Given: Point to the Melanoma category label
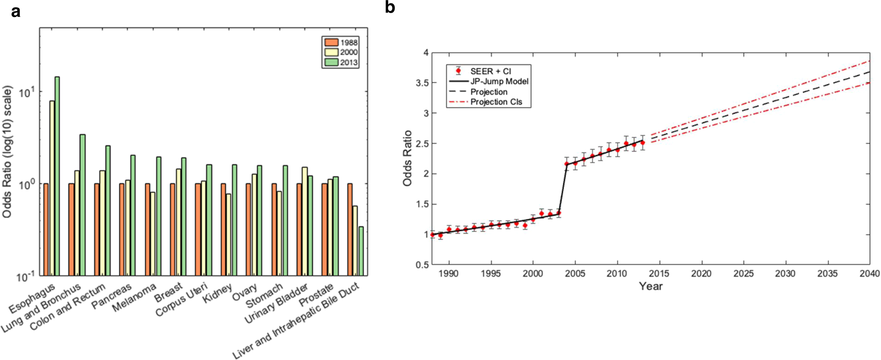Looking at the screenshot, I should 134,298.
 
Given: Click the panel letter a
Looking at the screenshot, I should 16,11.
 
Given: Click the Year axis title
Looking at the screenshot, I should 651,286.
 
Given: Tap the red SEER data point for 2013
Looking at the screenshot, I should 642,143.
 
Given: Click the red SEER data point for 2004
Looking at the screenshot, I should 567,164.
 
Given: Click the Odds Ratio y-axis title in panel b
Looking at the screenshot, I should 407,158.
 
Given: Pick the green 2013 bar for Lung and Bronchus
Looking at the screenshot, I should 82,205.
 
